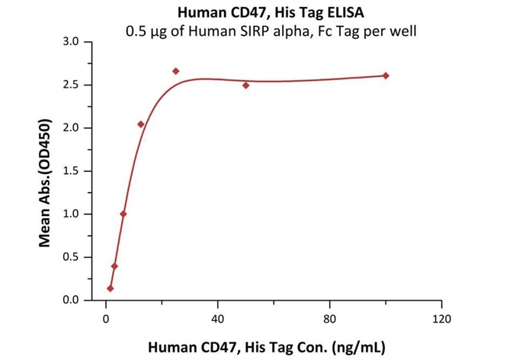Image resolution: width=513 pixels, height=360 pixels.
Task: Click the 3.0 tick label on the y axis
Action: point(71,41)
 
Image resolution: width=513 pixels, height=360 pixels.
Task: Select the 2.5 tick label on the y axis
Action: point(71,85)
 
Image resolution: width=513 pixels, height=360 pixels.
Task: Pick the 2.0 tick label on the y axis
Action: point(71,128)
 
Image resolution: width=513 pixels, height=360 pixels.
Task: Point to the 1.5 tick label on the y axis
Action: point(71,171)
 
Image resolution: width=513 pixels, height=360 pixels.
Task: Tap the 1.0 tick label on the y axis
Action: point(71,214)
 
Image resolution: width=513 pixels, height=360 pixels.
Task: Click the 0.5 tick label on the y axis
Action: point(71,257)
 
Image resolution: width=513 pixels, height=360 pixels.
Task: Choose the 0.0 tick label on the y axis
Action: point(71,301)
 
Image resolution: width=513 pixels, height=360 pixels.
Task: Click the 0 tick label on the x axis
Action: point(106,317)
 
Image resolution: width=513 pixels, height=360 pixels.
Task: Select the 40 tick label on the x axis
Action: point(218,317)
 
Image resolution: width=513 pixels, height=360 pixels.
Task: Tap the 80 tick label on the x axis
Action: point(330,317)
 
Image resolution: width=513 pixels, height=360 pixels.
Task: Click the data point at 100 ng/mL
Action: point(386,76)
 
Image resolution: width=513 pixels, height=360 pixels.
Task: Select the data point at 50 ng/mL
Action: point(246,85)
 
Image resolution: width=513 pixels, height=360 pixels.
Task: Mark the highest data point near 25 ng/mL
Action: point(176,71)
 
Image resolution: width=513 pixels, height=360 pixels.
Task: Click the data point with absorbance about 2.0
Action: point(141,124)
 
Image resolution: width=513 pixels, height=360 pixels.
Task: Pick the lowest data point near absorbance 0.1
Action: point(111,288)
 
